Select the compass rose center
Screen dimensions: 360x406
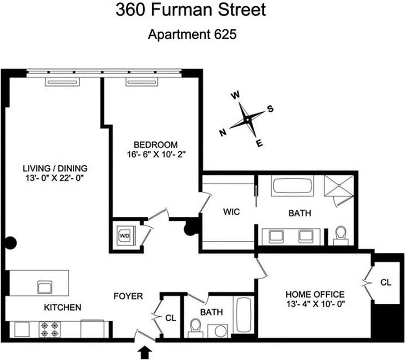247,119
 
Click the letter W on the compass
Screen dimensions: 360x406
235,95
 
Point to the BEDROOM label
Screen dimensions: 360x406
156,145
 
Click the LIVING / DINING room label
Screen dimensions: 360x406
55,168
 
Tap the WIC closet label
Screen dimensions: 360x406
230,212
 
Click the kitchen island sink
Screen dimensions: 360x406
45,287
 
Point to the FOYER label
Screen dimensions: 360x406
128,296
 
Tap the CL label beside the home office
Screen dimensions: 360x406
386,283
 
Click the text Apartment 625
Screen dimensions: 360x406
192,35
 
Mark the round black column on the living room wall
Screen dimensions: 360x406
11,243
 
